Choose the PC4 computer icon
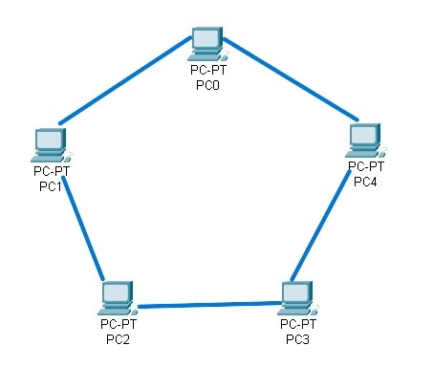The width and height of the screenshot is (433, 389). coord(364,140)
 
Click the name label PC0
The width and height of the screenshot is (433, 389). coord(206,85)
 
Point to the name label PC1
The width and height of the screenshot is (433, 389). coord(50,185)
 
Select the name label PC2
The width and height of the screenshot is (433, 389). coord(118,339)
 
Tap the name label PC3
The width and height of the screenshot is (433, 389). coord(297,339)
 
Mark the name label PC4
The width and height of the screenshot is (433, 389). coord(365,182)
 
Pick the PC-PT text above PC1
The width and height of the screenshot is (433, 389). coord(51,172)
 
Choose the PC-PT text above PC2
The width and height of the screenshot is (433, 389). coord(118,325)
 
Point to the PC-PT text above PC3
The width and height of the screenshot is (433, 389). coord(297,325)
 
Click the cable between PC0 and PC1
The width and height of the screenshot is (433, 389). coord(125,80)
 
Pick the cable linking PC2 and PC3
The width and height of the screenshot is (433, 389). coord(208,306)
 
